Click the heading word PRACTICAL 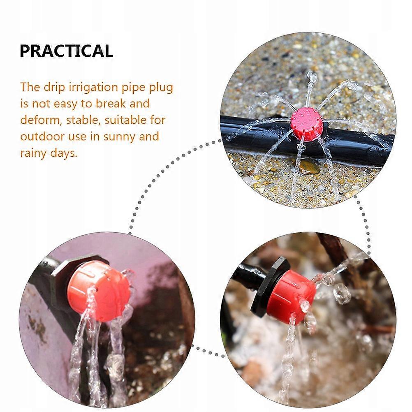[66, 51]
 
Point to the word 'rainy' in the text [33, 153]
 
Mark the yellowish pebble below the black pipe [309, 167]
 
